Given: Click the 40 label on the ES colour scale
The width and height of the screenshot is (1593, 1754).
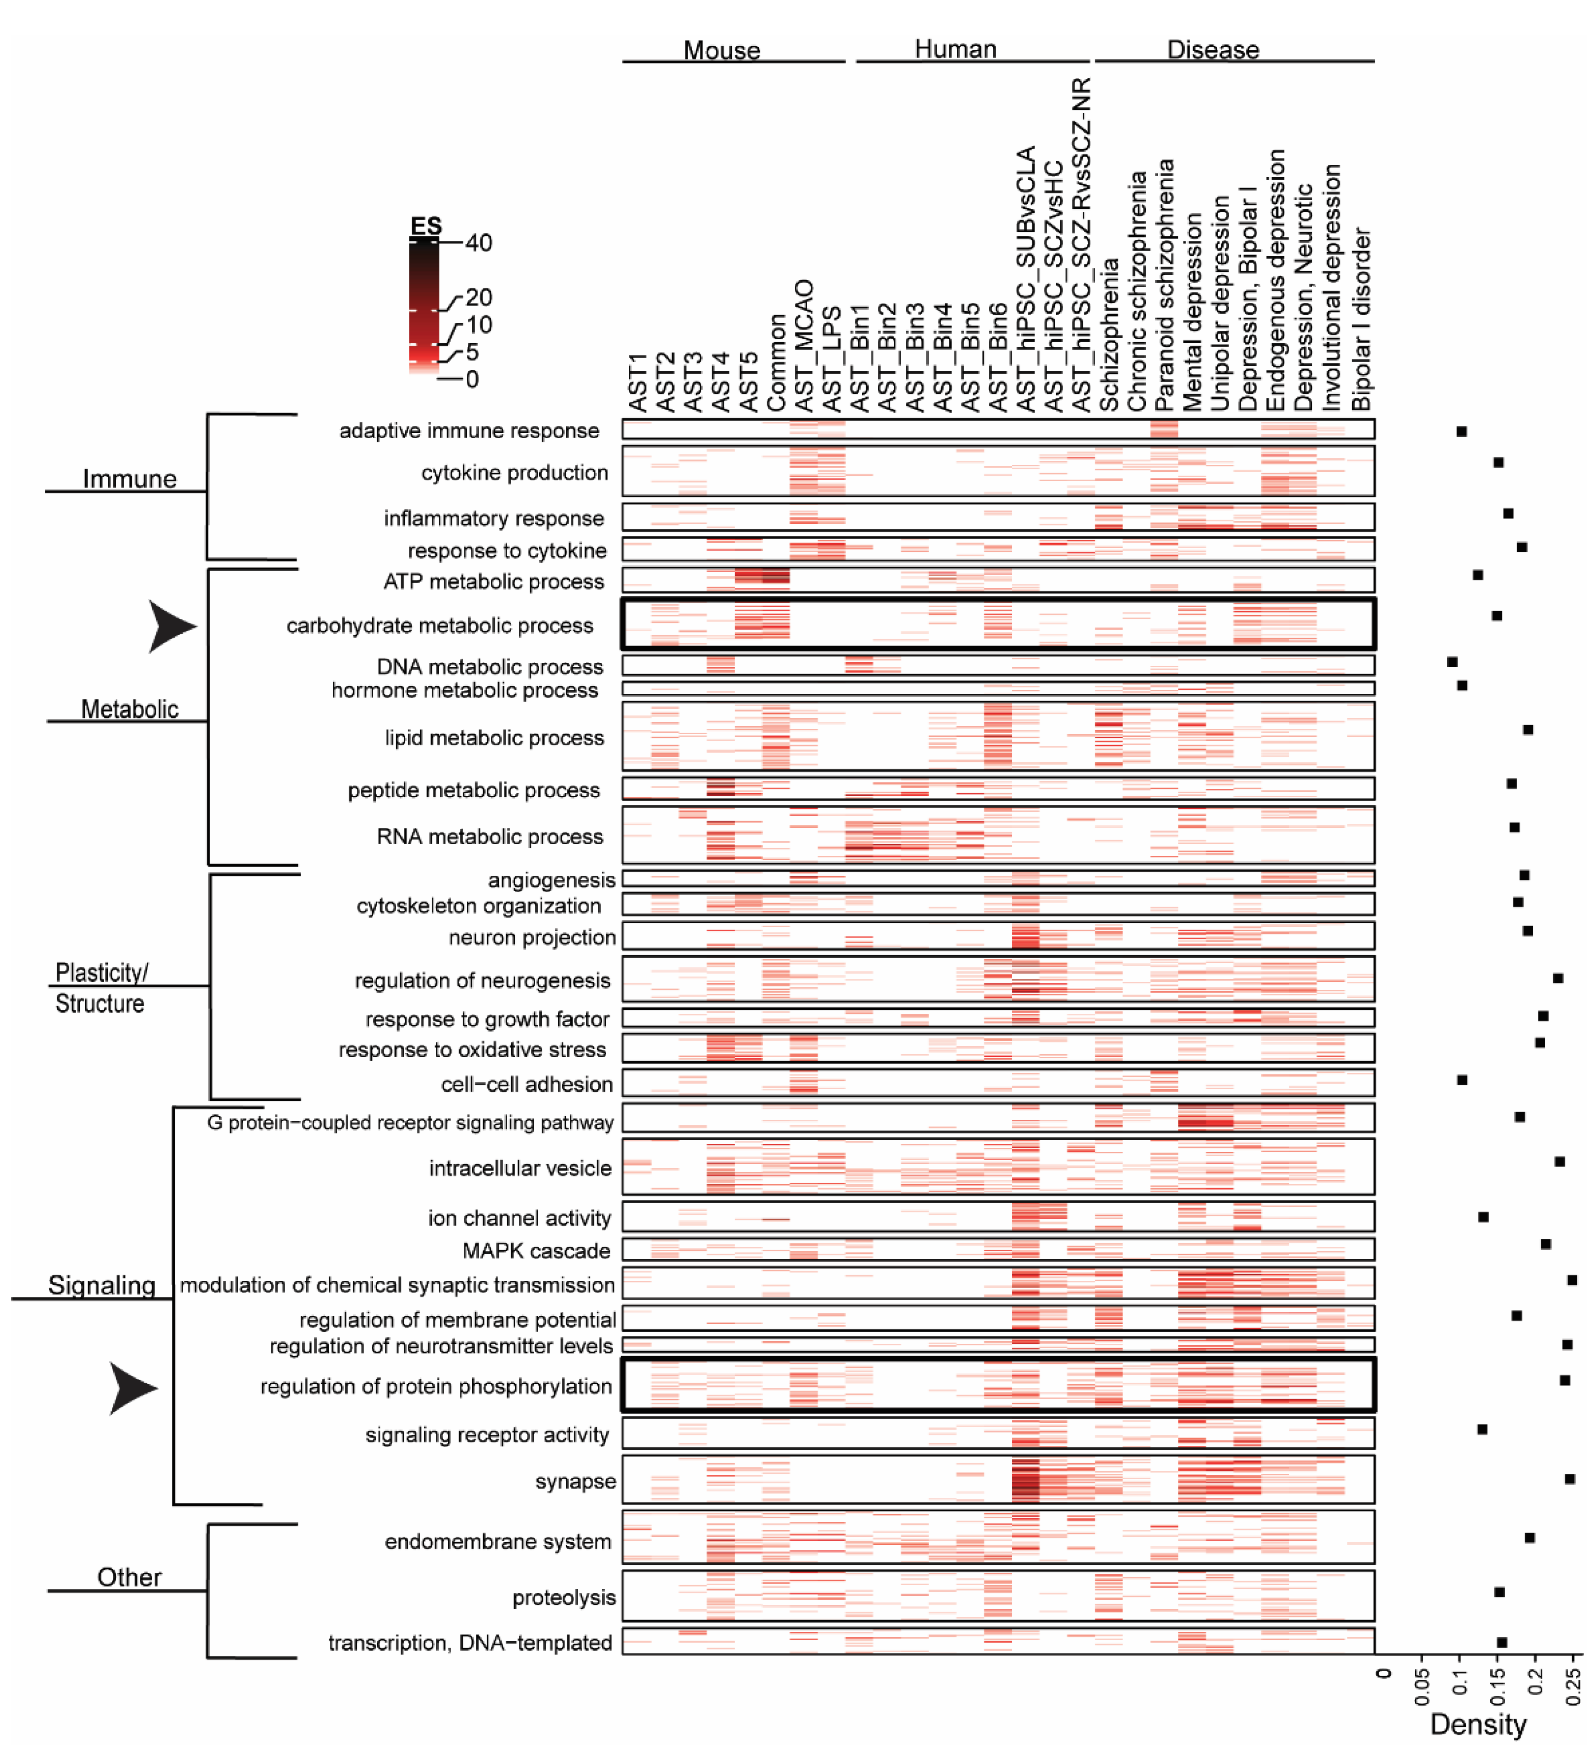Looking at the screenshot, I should tap(478, 243).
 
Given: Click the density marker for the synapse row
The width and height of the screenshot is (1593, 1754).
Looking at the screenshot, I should tap(1569, 1479).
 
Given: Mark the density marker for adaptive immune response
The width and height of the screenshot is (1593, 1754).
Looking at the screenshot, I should tap(1462, 431).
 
